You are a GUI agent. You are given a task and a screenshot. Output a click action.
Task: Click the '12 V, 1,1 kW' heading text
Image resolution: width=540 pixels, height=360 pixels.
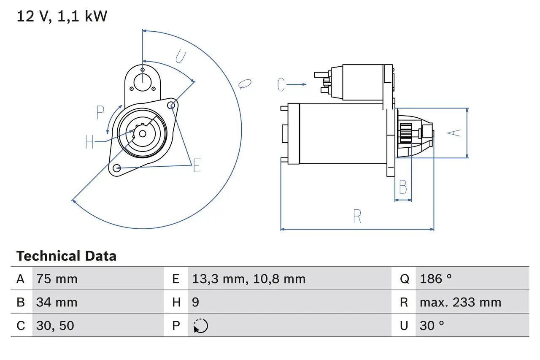(x=62, y=16)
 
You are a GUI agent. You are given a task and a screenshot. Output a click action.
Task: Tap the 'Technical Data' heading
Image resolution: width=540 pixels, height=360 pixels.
(x=66, y=256)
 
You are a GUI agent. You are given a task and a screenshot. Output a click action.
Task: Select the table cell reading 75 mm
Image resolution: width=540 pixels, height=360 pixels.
(x=57, y=279)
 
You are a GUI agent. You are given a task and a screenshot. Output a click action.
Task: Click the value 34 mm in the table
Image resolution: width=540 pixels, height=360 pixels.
(x=57, y=302)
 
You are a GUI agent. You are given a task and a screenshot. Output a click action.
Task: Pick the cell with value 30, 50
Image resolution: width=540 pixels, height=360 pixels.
(x=55, y=325)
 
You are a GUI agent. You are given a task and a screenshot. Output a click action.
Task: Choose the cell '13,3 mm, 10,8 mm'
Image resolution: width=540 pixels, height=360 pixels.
(x=248, y=279)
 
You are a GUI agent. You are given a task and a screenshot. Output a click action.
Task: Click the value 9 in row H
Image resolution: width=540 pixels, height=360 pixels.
(x=196, y=302)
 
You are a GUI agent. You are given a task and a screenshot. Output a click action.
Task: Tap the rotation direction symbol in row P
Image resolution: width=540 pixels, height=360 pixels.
(x=201, y=326)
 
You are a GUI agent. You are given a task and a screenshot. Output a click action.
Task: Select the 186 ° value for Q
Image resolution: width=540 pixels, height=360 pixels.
(x=436, y=279)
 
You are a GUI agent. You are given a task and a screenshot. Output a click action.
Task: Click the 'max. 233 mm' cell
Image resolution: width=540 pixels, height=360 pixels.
(x=460, y=302)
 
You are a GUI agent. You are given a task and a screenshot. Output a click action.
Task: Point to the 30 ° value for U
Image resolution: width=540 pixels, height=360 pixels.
(x=432, y=325)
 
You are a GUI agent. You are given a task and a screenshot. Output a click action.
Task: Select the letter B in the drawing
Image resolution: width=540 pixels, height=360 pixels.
(x=403, y=187)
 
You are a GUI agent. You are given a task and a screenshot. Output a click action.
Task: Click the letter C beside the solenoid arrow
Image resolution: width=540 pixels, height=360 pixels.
(x=282, y=85)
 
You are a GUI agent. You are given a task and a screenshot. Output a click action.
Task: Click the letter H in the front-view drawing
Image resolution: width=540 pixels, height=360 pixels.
(x=89, y=142)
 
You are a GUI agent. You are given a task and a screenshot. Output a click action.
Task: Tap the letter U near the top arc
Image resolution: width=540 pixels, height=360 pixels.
(x=180, y=57)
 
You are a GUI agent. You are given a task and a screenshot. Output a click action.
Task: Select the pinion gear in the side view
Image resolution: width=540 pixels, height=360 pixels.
(x=406, y=133)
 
